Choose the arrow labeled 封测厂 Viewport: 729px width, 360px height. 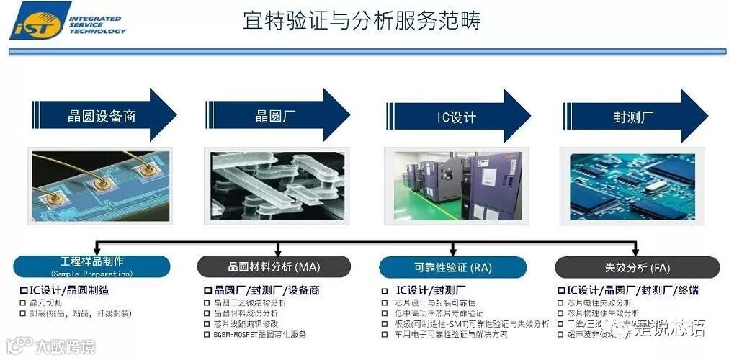[x=632, y=116]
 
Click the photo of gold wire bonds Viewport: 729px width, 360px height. [x=99, y=184]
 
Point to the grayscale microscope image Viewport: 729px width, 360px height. [x=277, y=185]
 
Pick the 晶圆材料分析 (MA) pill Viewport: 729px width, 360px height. [x=274, y=267]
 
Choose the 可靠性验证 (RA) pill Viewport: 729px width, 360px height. [x=453, y=267]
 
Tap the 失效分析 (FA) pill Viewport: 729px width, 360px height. [x=637, y=267]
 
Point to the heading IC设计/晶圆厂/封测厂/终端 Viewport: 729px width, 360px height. [x=627, y=290]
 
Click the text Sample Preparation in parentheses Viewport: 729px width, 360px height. [x=91, y=274]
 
